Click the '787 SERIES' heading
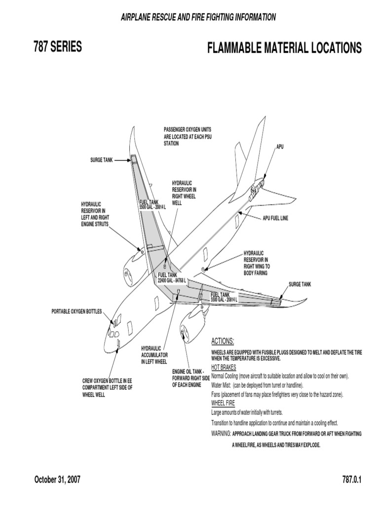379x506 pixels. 58,47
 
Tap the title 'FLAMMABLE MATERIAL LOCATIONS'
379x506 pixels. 284,48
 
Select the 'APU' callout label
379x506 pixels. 280,147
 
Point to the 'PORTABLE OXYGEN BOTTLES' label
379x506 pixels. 76,311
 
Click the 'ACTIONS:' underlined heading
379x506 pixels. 223,341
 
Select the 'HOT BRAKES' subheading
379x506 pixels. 224,368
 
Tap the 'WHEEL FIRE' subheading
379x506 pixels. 223,403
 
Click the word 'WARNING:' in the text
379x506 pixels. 221,433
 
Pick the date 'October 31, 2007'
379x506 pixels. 57,480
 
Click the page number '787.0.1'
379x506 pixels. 351,480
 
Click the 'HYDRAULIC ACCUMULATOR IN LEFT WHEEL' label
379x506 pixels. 154,355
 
